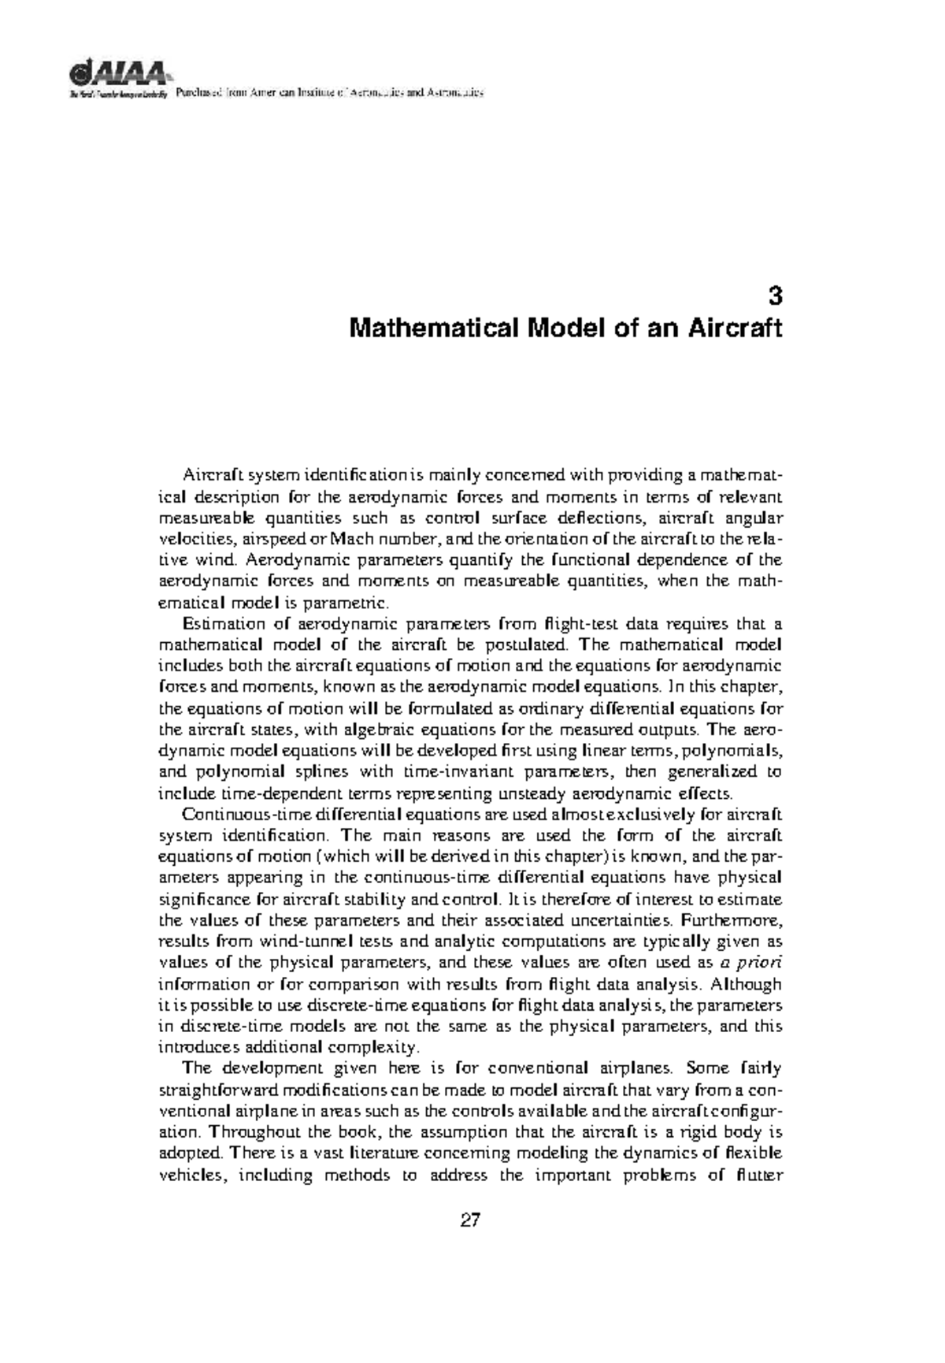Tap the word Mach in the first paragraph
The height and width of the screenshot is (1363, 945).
click(350, 540)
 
